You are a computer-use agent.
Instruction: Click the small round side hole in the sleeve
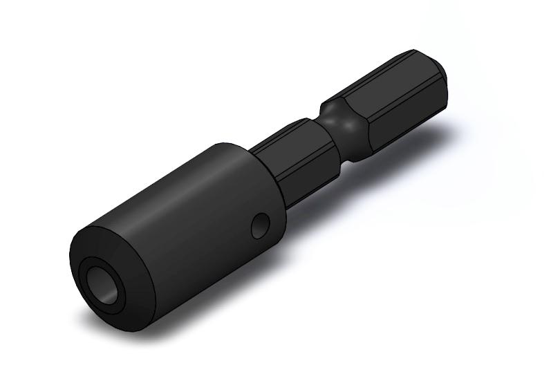tap(261, 226)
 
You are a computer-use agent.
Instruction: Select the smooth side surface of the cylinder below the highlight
tap(200, 249)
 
